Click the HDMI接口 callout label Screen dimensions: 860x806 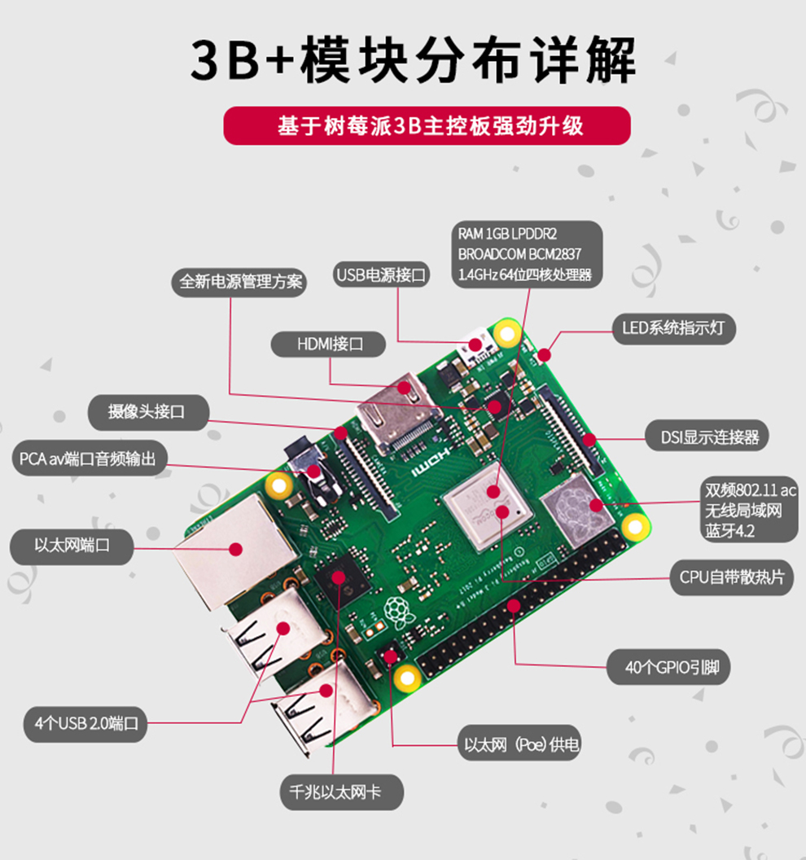point(330,344)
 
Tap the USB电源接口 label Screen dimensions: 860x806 point(382,275)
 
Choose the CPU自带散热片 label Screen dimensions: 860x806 point(732,577)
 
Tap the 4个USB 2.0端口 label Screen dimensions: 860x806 point(86,722)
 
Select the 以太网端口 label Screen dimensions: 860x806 point(72,545)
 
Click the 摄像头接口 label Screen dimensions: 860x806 point(147,411)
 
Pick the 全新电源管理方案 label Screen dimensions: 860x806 point(240,282)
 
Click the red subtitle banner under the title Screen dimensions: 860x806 point(427,126)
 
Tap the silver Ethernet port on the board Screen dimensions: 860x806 point(232,550)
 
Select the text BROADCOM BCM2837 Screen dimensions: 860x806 point(519,253)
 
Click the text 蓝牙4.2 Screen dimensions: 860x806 point(730,532)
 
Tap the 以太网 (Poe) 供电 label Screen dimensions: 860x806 point(522,744)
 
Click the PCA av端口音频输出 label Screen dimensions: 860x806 point(88,459)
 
